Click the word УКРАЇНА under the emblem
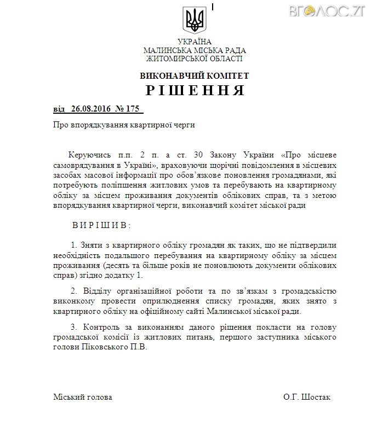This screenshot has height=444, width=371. coord(195,42)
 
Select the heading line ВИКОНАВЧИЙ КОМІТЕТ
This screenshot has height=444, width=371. coord(195,75)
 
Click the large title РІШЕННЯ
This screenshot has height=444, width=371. coord(195,90)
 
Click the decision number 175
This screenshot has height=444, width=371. coord(133,109)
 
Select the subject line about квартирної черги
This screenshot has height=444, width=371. coord(124,125)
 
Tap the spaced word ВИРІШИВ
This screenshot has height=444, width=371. coord(101,225)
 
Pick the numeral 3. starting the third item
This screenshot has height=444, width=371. coord(75,328)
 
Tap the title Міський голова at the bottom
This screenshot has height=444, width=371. coord(83,397)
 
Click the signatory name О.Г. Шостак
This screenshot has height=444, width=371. coord(307,397)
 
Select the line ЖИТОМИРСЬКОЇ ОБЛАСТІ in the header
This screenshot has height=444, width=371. coord(195,59)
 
